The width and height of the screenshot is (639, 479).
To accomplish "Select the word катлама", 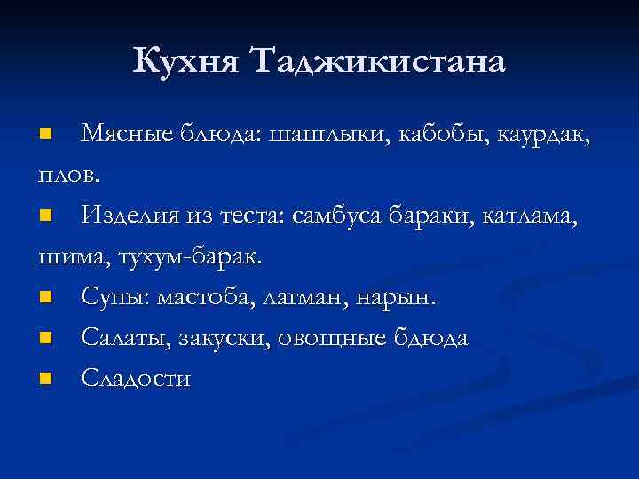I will [532, 216].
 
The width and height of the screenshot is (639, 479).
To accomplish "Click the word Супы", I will [114, 297].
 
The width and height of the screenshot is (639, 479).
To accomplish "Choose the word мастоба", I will [205, 297].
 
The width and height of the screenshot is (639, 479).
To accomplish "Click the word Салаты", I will [124, 339].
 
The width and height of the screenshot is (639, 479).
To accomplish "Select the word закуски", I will [225, 339].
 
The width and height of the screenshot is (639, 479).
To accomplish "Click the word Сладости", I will [136, 379].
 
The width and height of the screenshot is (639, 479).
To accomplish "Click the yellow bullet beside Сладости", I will [46, 380].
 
